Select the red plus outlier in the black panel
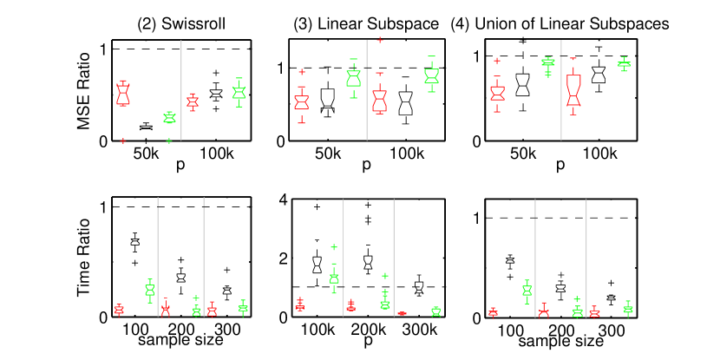tap(123, 141)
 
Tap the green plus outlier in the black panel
tap(169, 141)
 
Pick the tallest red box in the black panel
tap(123, 94)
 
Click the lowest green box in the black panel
tap(169, 117)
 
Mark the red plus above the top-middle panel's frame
tap(379, 39)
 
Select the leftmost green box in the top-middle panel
tap(353, 78)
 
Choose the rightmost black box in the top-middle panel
tap(405, 103)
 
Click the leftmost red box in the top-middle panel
tap(301, 101)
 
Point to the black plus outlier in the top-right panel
tap(522, 42)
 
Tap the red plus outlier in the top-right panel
tap(497, 61)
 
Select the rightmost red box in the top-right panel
tap(573, 89)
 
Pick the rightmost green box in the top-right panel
tap(623, 63)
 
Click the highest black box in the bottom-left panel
tap(134, 241)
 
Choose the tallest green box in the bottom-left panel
tap(149, 290)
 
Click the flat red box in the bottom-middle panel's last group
tap(402, 313)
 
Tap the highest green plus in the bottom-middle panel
tap(334, 246)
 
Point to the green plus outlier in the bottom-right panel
tap(577, 298)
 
